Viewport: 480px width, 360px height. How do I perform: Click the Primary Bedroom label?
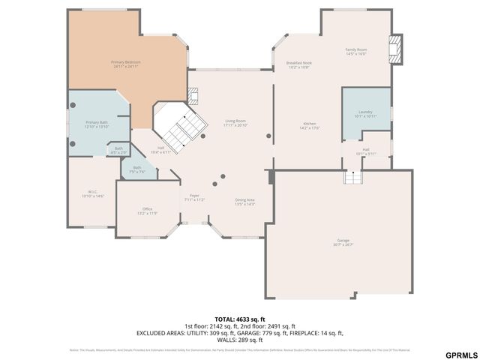(126, 61)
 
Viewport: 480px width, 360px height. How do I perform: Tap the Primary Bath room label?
(97, 121)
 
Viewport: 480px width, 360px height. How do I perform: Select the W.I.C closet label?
(93, 191)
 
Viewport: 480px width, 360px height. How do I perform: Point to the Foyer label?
(194, 196)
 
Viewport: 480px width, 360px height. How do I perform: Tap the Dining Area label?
(245, 199)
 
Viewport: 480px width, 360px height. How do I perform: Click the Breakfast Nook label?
(298, 63)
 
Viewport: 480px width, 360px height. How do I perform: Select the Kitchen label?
(310, 123)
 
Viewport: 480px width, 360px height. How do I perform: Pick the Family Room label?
(355, 49)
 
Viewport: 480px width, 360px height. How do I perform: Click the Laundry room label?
(365, 112)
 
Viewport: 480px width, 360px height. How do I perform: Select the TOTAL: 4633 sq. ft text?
(239, 318)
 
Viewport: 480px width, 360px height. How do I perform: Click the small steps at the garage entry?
(352, 177)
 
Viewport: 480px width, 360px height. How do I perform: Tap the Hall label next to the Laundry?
(366, 150)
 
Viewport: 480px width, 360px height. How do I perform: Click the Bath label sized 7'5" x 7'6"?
(136, 168)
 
